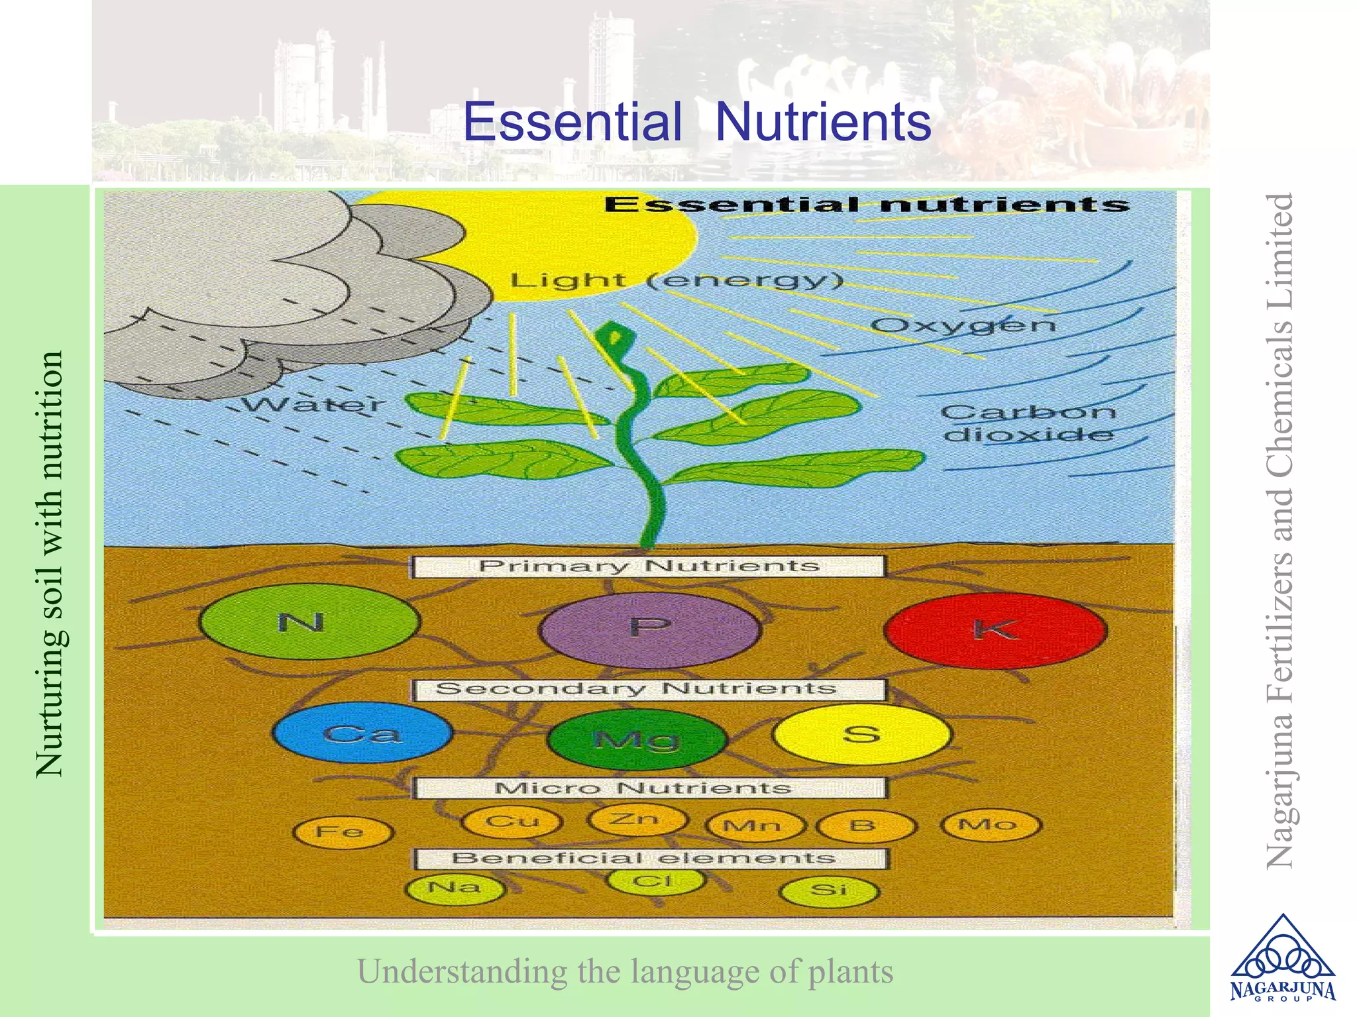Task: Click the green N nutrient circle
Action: (309, 622)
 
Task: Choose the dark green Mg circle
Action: (637, 739)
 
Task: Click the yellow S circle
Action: (862, 734)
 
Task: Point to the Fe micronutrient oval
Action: (343, 832)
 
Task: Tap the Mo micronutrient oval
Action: (991, 825)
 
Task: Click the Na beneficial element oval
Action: (455, 888)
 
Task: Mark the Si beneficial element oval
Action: (829, 890)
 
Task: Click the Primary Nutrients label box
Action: (648, 566)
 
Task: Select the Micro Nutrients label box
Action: (649, 788)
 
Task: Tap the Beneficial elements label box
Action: (649, 859)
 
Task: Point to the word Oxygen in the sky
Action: (963, 326)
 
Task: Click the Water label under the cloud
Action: (311, 404)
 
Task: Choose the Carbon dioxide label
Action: (1028, 423)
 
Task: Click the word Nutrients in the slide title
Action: (823, 122)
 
